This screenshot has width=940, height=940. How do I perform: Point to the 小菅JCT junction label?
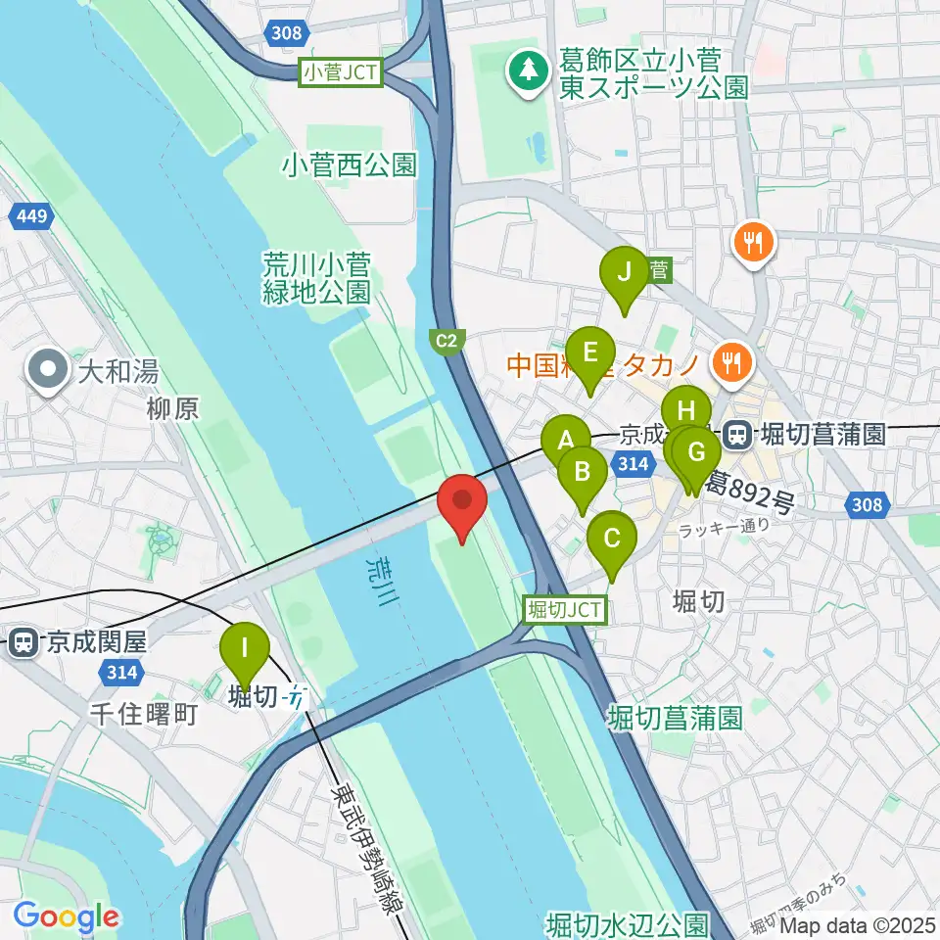click(341, 71)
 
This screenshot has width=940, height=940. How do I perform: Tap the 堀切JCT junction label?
click(566, 609)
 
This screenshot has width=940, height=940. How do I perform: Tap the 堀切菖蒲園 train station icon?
click(736, 433)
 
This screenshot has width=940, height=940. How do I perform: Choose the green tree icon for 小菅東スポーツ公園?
click(529, 70)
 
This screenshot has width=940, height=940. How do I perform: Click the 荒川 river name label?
click(376, 580)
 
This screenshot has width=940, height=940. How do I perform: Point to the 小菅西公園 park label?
click(349, 164)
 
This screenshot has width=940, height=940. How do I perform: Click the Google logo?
click(66, 916)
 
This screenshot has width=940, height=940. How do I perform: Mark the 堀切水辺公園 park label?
click(627, 924)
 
